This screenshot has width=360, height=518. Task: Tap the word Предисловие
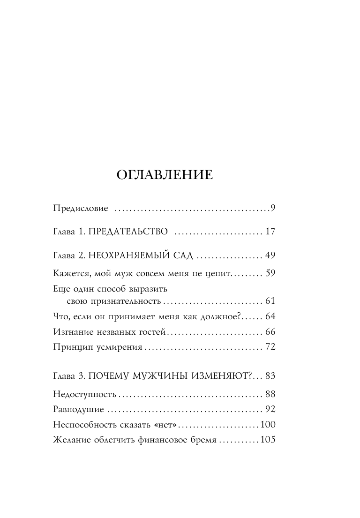tap(81, 208)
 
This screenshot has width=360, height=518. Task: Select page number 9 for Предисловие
tap(272, 208)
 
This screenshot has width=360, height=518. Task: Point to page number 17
tap(270, 232)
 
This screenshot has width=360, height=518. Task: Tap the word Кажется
tap(71, 273)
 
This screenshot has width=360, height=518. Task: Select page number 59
tap(270, 273)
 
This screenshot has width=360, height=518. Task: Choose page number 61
tap(270, 301)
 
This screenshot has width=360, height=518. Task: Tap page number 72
tap(270, 347)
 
